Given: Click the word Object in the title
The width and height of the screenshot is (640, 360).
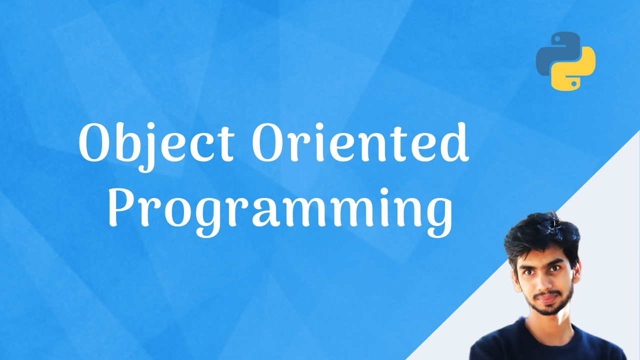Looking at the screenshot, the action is pos(156,145).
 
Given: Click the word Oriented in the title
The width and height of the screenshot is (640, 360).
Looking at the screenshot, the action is pos(360,141).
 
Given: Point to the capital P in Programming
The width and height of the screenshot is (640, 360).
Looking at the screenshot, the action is pos(123,207).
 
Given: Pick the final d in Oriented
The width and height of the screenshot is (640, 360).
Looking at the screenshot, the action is pos(454,142).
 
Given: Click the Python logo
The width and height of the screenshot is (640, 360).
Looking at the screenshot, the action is pos(565,61).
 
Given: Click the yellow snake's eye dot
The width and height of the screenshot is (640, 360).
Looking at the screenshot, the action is pos(573,83).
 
